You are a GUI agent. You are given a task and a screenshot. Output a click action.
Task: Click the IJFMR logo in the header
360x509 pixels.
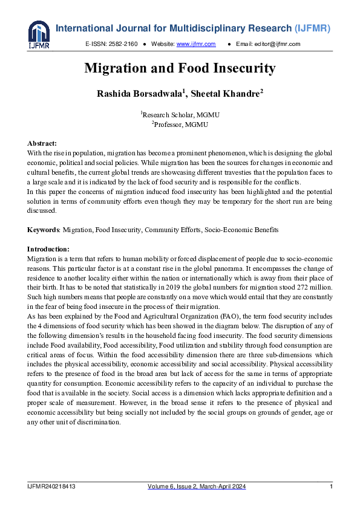tap(39, 34)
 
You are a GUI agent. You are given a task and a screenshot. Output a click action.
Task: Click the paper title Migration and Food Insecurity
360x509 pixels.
tap(180, 68)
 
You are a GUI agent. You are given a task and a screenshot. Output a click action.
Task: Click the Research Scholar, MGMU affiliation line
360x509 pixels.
tap(180, 114)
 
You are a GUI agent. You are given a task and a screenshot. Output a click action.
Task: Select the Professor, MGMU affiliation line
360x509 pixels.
tap(180, 124)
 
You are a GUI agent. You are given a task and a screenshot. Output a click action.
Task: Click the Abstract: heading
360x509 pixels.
tap(42, 143)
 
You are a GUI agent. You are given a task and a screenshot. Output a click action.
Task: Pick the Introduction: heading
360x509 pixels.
tap(48, 249)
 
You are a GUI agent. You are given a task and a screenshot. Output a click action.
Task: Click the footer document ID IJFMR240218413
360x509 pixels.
tap(51, 487)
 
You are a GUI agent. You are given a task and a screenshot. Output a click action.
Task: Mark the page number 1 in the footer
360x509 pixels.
tap(331, 487)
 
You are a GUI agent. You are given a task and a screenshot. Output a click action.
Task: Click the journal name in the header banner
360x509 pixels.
tap(193, 28)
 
